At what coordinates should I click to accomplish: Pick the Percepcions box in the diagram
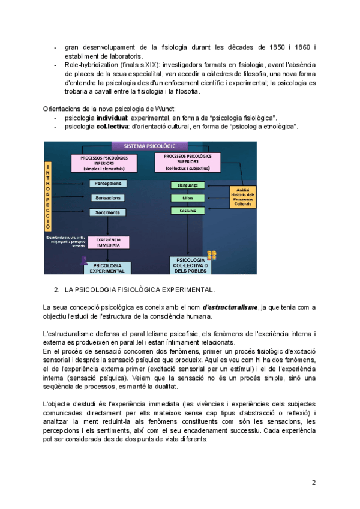point(109,184)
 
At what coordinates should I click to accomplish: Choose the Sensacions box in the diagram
point(109,197)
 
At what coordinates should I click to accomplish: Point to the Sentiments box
point(109,212)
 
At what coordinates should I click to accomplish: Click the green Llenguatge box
point(188,185)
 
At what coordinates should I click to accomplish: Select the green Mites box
point(188,197)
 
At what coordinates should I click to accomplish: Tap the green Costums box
point(188,211)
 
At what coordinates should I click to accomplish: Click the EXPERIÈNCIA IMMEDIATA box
point(108,242)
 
